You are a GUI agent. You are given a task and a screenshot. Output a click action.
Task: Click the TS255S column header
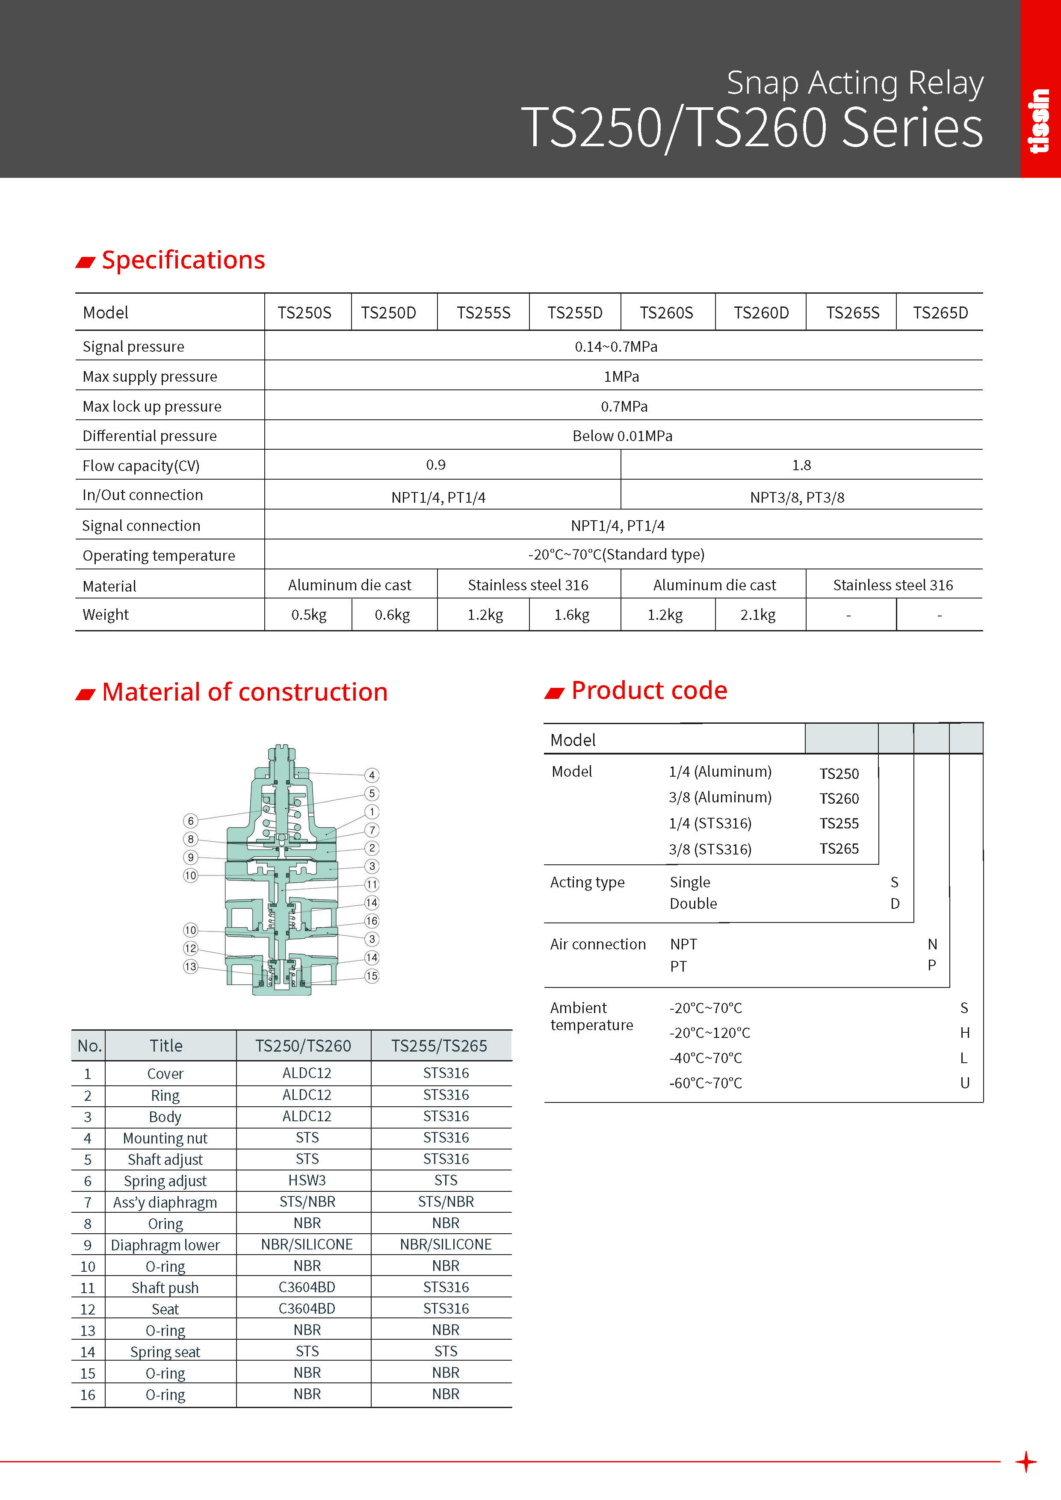tap(483, 313)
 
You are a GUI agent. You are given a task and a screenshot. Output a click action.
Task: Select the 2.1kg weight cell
tap(758, 615)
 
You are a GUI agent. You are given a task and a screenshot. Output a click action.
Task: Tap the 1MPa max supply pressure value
tap(621, 376)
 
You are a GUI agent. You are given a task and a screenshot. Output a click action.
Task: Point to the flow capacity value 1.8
tap(801, 465)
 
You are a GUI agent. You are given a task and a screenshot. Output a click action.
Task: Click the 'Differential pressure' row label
tap(149, 436)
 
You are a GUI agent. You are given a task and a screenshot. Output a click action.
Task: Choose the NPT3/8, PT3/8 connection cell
tap(797, 497)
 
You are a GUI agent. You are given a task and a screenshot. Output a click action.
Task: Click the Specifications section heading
tap(183, 260)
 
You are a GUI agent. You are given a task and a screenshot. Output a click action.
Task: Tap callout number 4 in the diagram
tap(371, 775)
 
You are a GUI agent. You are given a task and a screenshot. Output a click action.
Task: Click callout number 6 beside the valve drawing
tap(190, 821)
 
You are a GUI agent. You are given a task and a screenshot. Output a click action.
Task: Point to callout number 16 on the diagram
tap(371, 920)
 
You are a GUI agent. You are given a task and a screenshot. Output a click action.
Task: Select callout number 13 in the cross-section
tap(190, 966)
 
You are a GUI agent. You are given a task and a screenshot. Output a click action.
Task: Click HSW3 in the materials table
tap(307, 1180)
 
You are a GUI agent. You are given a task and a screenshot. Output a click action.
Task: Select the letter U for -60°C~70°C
tap(964, 1082)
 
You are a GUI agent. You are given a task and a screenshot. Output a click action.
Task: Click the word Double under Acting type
tap(693, 904)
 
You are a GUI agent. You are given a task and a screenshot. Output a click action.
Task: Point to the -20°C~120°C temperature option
tap(709, 1033)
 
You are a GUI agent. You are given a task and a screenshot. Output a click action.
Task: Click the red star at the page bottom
tap(1026, 1462)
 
